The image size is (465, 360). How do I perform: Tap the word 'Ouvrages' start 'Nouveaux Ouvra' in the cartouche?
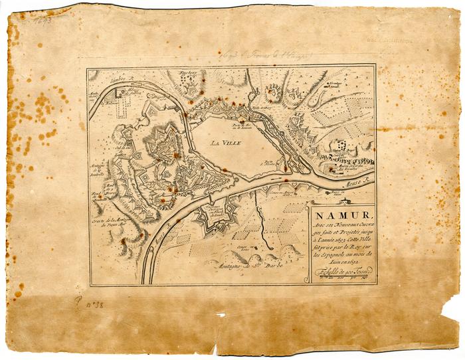pyautogui.click(x=355, y=225)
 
